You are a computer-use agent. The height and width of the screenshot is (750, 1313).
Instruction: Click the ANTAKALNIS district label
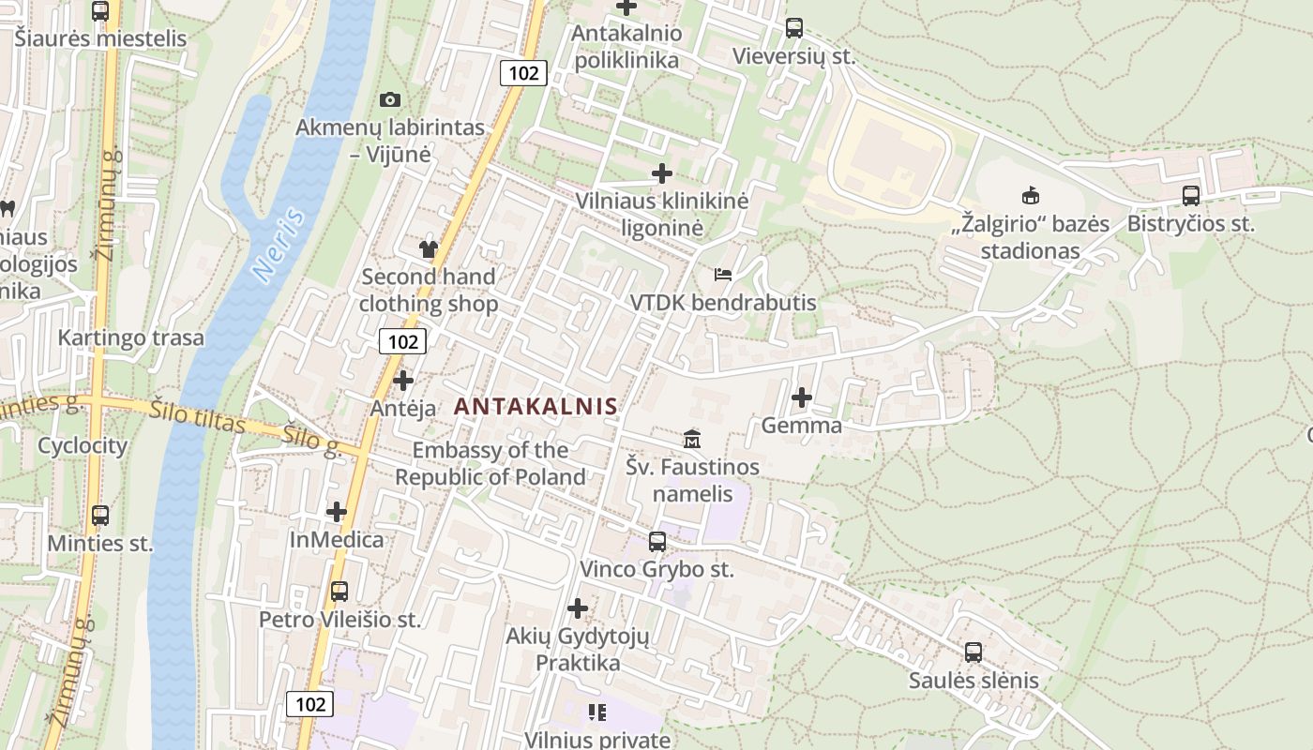pyautogui.click(x=536, y=406)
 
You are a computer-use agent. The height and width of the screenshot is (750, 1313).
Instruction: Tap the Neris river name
pyautogui.click(x=279, y=246)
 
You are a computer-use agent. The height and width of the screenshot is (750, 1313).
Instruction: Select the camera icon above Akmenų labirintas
pyautogui.click(x=390, y=99)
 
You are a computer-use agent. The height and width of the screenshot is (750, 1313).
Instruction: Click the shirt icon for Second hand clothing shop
pyautogui.click(x=429, y=248)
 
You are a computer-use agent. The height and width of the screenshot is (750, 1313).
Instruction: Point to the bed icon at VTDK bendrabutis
pyautogui.click(x=723, y=275)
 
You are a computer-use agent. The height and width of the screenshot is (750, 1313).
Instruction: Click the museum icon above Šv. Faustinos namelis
pyautogui.click(x=692, y=438)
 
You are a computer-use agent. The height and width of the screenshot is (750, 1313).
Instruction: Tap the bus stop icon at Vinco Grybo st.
pyautogui.click(x=657, y=541)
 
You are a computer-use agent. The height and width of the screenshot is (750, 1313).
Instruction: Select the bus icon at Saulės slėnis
pyautogui.click(x=973, y=652)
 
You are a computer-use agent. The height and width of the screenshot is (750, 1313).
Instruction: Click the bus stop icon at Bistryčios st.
pyautogui.click(x=1190, y=196)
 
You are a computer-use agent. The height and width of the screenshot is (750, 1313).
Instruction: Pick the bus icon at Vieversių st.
pyautogui.click(x=794, y=28)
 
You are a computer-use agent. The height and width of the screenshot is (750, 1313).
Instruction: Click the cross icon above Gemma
pyautogui.click(x=801, y=397)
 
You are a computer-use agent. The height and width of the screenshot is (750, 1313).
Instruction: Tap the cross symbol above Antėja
pyautogui.click(x=403, y=381)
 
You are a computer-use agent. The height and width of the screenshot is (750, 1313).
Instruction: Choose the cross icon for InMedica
pyautogui.click(x=337, y=512)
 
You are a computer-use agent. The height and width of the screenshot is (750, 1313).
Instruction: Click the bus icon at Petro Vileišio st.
pyautogui.click(x=340, y=592)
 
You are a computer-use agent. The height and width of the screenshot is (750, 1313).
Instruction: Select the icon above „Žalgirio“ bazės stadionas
pyautogui.click(x=1030, y=196)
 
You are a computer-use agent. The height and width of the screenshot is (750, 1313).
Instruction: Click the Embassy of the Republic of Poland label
pyautogui.click(x=490, y=463)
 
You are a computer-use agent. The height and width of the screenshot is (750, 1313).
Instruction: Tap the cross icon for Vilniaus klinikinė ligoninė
pyautogui.click(x=662, y=173)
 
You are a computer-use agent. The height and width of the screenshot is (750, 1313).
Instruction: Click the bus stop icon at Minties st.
pyautogui.click(x=99, y=515)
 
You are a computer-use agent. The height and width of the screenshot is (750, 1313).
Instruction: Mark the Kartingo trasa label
pyautogui.click(x=130, y=337)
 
